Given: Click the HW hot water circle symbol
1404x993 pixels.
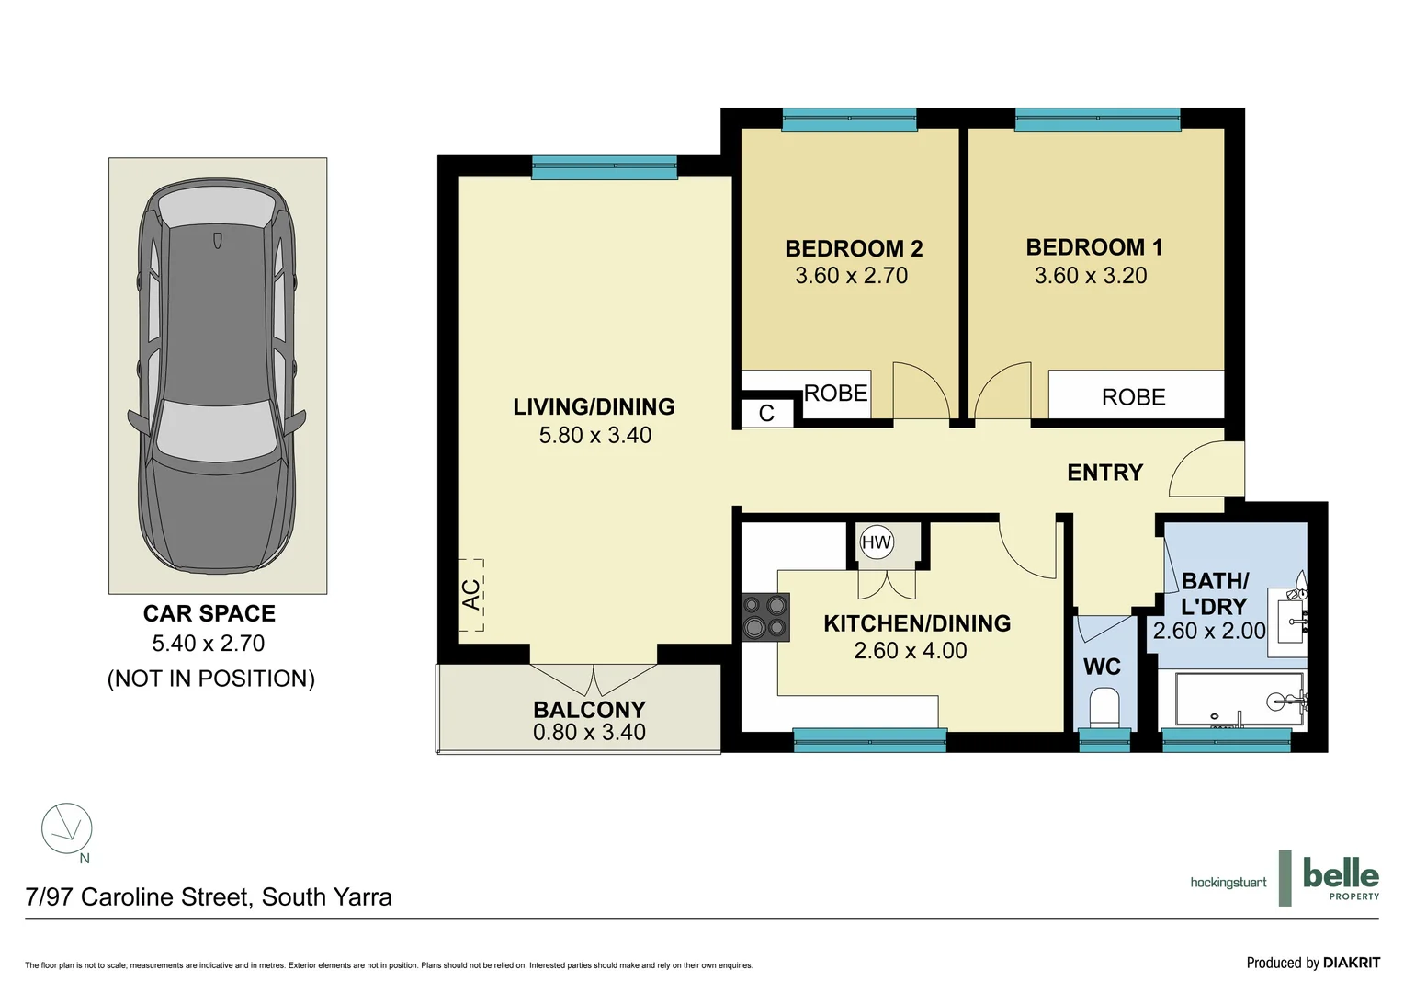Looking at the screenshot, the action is tap(877, 542).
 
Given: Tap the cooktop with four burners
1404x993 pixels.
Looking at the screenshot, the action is tap(765, 617).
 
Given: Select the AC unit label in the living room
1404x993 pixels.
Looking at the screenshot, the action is tap(470, 595).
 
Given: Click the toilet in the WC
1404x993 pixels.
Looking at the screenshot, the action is tap(1104, 708).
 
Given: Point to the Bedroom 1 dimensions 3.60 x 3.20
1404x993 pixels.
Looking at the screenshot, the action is tap(1091, 276).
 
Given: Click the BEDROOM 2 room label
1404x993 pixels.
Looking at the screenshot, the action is tap(854, 248).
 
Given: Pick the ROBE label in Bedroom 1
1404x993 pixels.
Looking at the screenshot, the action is tap(1133, 397).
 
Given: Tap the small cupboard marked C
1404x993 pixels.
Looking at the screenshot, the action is tap(767, 414).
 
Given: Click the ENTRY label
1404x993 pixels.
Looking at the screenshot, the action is tap(1105, 473).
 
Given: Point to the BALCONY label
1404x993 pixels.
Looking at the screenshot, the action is tap(589, 710).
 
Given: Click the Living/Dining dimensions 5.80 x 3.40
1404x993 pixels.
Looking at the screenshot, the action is tap(594, 435).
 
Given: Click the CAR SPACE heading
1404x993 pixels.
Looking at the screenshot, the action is tap(209, 613).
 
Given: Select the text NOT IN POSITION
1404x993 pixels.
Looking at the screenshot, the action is tap(211, 679).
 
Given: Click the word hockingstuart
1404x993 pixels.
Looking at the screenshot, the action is tap(1228, 884).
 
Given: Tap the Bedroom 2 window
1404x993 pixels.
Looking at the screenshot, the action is tap(849, 119).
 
